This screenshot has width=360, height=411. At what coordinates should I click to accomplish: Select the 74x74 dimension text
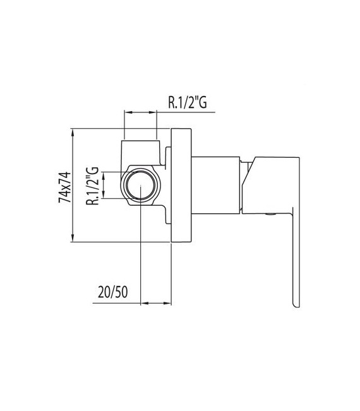64,186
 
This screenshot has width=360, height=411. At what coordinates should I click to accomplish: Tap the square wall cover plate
182,186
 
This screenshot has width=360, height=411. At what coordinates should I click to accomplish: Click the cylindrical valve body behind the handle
215,186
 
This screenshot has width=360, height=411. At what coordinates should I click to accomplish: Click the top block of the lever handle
275,165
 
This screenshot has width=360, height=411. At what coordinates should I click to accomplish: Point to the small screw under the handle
272,215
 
